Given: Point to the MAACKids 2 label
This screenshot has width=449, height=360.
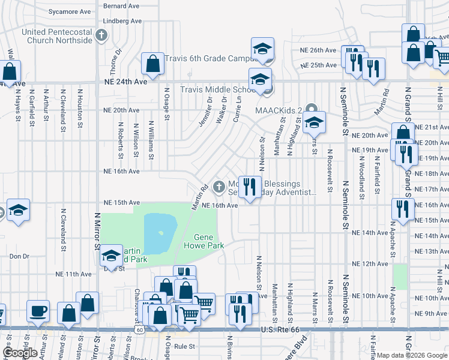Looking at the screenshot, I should pyautogui.click(x=279, y=109).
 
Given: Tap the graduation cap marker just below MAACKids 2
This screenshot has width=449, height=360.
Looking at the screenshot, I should pyautogui.click(x=314, y=123).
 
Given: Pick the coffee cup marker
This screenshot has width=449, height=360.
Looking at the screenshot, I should pyautogui.click(x=38, y=311).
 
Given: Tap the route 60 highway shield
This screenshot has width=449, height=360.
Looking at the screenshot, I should pyautogui.click(x=139, y=329).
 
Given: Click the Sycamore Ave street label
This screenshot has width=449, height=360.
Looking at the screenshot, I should pyautogui.click(x=68, y=11).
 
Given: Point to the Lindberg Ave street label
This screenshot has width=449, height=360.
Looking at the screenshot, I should pyautogui.click(x=122, y=20).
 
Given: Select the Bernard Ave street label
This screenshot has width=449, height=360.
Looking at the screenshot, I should pyautogui.click(x=122, y=5).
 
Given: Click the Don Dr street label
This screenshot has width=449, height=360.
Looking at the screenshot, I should pyautogui.click(x=19, y=256).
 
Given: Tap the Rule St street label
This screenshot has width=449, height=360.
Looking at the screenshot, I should pyautogui.click(x=184, y=346).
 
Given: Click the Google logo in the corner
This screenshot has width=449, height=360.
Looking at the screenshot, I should pyautogui.click(x=20, y=353).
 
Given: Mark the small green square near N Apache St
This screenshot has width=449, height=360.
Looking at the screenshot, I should pyautogui.click(x=400, y=277).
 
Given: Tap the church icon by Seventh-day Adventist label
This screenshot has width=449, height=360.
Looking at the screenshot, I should pyautogui.click(x=218, y=187).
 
